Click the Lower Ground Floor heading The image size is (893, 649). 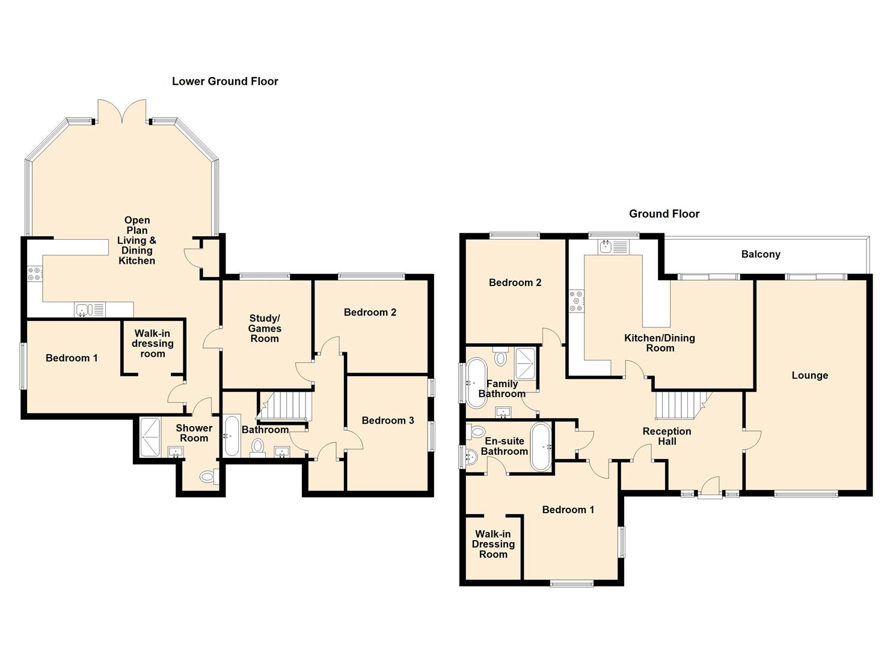tap(225, 81)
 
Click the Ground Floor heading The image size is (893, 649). tap(664, 213)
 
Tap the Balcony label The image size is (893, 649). tap(760, 254)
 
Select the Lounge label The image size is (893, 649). tap(809, 376)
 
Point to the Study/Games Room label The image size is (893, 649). tap(265, 328)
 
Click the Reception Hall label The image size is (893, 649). tap(666, 436)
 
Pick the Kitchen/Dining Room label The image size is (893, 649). tap(659, 343)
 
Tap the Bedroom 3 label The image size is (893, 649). tap(387, 421)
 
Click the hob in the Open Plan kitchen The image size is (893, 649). tap(35, 274)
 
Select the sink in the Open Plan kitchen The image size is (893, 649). tap(90, 309)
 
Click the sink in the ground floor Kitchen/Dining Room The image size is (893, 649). tap(613, 246)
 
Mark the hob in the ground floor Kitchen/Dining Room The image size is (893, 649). tap(576, 301)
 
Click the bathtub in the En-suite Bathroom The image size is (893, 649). tap(541, 447)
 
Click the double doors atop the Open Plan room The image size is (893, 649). tap(123, 111)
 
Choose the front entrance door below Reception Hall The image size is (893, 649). tap(710, 487)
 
